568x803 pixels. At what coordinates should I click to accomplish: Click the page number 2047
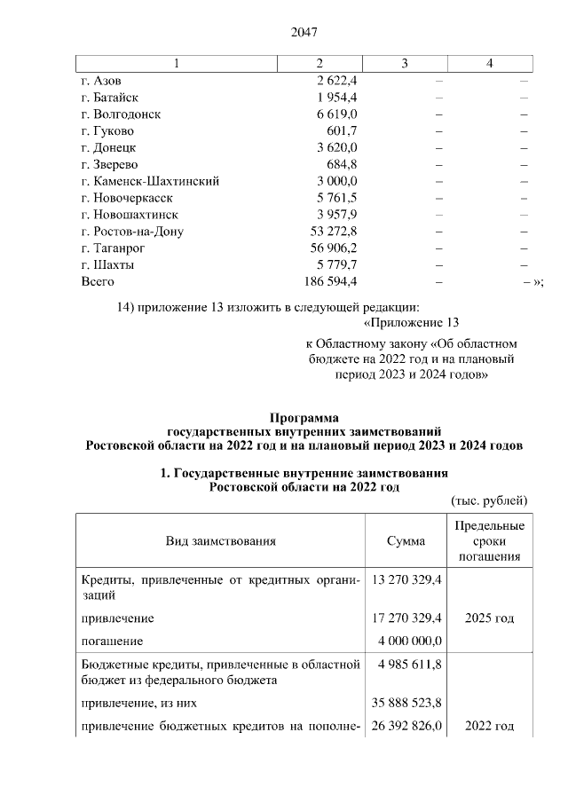[x=304, y=33]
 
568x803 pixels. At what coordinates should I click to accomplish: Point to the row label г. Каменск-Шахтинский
[x=149, y=182]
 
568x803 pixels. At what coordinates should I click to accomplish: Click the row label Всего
[x=97, y=282]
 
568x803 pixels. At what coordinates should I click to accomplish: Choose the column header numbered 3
[x=405, y=63]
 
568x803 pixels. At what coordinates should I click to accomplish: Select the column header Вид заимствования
[x=220, y=540]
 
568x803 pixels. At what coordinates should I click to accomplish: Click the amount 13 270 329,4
[x=406, y=579]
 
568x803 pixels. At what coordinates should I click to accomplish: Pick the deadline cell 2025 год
[x=490, y=618]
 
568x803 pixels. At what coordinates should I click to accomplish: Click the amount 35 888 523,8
[x=406, y=703]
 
